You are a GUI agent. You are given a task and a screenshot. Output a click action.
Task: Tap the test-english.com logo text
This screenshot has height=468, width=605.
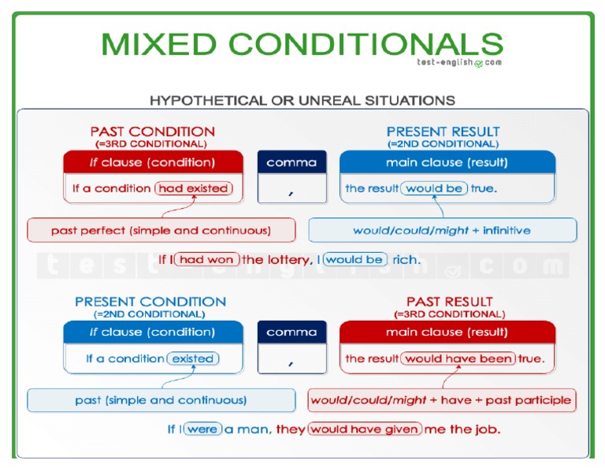(458, 62)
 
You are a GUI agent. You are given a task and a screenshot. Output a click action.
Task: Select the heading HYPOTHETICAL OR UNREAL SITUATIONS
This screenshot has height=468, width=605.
(302, 100)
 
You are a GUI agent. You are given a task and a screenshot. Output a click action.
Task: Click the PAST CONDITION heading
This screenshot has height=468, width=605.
(152, 132)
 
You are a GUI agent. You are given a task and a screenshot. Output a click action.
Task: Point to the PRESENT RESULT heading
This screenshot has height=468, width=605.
(443, 132)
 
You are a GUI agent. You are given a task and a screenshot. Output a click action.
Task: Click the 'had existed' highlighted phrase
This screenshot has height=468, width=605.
(193, 188)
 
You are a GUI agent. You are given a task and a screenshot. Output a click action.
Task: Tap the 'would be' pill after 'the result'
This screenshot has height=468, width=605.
(434, 188)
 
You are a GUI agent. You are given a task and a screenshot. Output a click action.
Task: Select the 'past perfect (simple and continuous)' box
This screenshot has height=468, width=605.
(161, 231)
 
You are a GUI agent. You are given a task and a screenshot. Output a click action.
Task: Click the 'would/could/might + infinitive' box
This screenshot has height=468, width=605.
(442, 231)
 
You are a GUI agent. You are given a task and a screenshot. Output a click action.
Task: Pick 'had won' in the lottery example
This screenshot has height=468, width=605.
(207, 259)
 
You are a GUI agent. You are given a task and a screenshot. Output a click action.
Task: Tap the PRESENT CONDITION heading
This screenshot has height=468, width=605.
(150, 302)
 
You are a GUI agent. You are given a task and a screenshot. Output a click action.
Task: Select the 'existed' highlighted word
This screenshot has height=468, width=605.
(193, 358)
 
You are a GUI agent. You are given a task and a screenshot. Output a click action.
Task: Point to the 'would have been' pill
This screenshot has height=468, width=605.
(458, 358)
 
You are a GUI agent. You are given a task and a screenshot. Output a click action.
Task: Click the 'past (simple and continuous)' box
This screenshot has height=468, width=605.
(161, 400)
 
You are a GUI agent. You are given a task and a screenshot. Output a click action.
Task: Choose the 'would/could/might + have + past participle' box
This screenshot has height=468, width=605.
(441, 400)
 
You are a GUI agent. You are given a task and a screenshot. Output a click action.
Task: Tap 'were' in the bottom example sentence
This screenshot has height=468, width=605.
(202, 429)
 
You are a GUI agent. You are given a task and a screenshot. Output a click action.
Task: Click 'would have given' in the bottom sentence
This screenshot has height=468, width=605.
(364, 429)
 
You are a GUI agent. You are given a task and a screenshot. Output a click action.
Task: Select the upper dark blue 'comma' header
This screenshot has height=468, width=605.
(291, 163)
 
